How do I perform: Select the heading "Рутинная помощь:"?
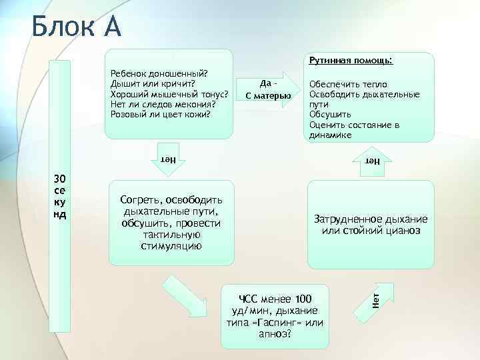click(x=349, y=61)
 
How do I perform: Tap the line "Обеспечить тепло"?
click(x=343, y=85)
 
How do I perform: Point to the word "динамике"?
click(x=330, y=135)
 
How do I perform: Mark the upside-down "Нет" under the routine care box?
click(x=371, y=161)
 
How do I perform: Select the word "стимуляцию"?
click(x=171, y=246)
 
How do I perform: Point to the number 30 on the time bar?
click(x=60, y=179)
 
